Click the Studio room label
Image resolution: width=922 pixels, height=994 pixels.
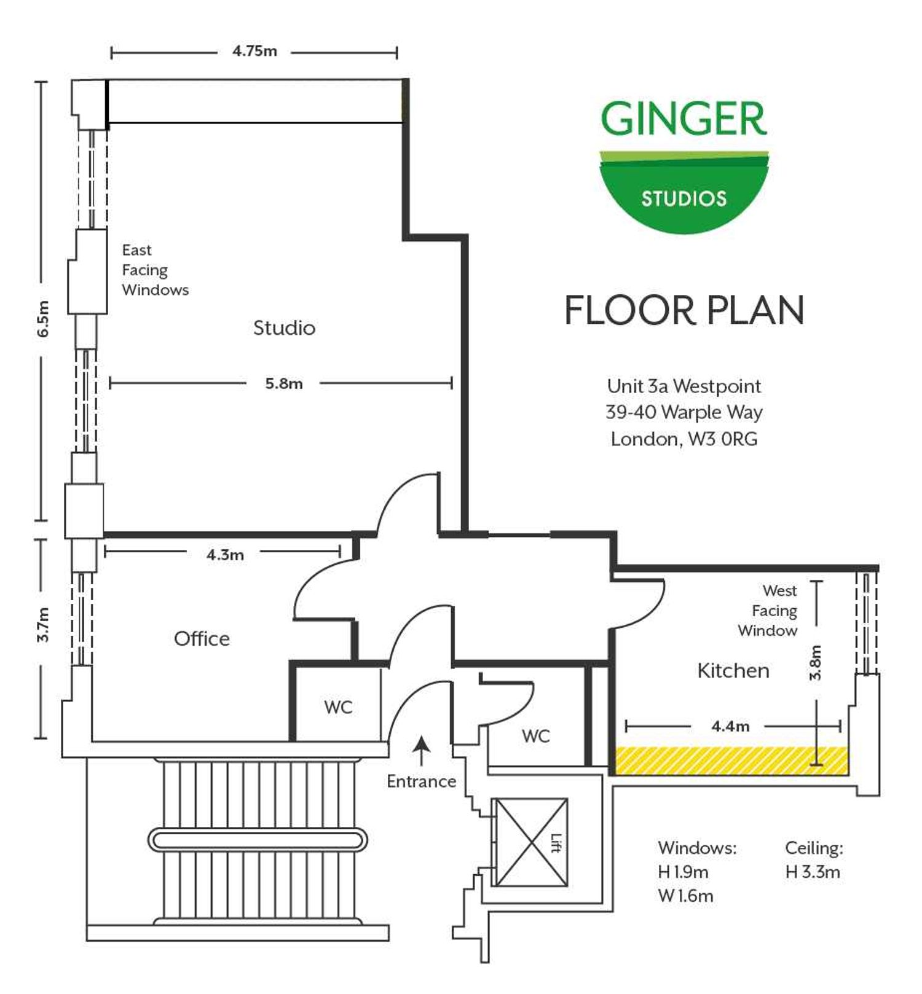click(284, 328)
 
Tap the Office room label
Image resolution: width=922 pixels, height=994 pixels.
click(202, 639)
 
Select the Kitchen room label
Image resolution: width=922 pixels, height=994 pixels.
click(733, 670)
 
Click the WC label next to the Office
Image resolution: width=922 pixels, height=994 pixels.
click(338, 707)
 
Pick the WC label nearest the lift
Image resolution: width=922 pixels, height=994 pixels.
click(535, 736)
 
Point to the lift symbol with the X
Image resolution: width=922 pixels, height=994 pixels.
click(531, 842)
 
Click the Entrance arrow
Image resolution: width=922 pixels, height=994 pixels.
click(421, 750)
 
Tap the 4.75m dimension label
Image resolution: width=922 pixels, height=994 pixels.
click(254, 52)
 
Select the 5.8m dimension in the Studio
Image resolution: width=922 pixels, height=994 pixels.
click(283, 384)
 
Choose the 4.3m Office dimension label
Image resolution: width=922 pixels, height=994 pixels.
click(225, 555)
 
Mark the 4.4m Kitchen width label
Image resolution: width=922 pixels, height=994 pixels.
click(730, 727)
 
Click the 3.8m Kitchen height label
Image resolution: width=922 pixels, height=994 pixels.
click(816, 663)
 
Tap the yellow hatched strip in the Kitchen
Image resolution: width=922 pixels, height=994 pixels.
click(731, 761)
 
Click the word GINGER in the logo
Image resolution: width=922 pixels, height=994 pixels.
click(684, 119)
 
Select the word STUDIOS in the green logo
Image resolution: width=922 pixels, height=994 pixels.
click(684, 198)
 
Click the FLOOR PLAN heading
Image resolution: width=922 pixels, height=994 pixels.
click(684, 310)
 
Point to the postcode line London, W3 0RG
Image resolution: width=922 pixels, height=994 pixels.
click(684, 439)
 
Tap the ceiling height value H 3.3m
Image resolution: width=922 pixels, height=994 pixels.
click(813, 872)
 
